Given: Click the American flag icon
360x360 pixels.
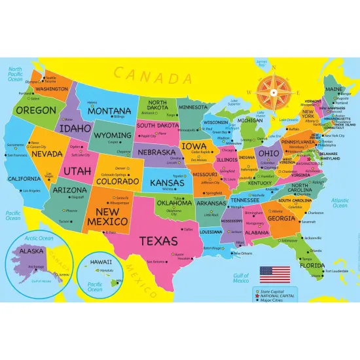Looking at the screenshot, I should [270, 272].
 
